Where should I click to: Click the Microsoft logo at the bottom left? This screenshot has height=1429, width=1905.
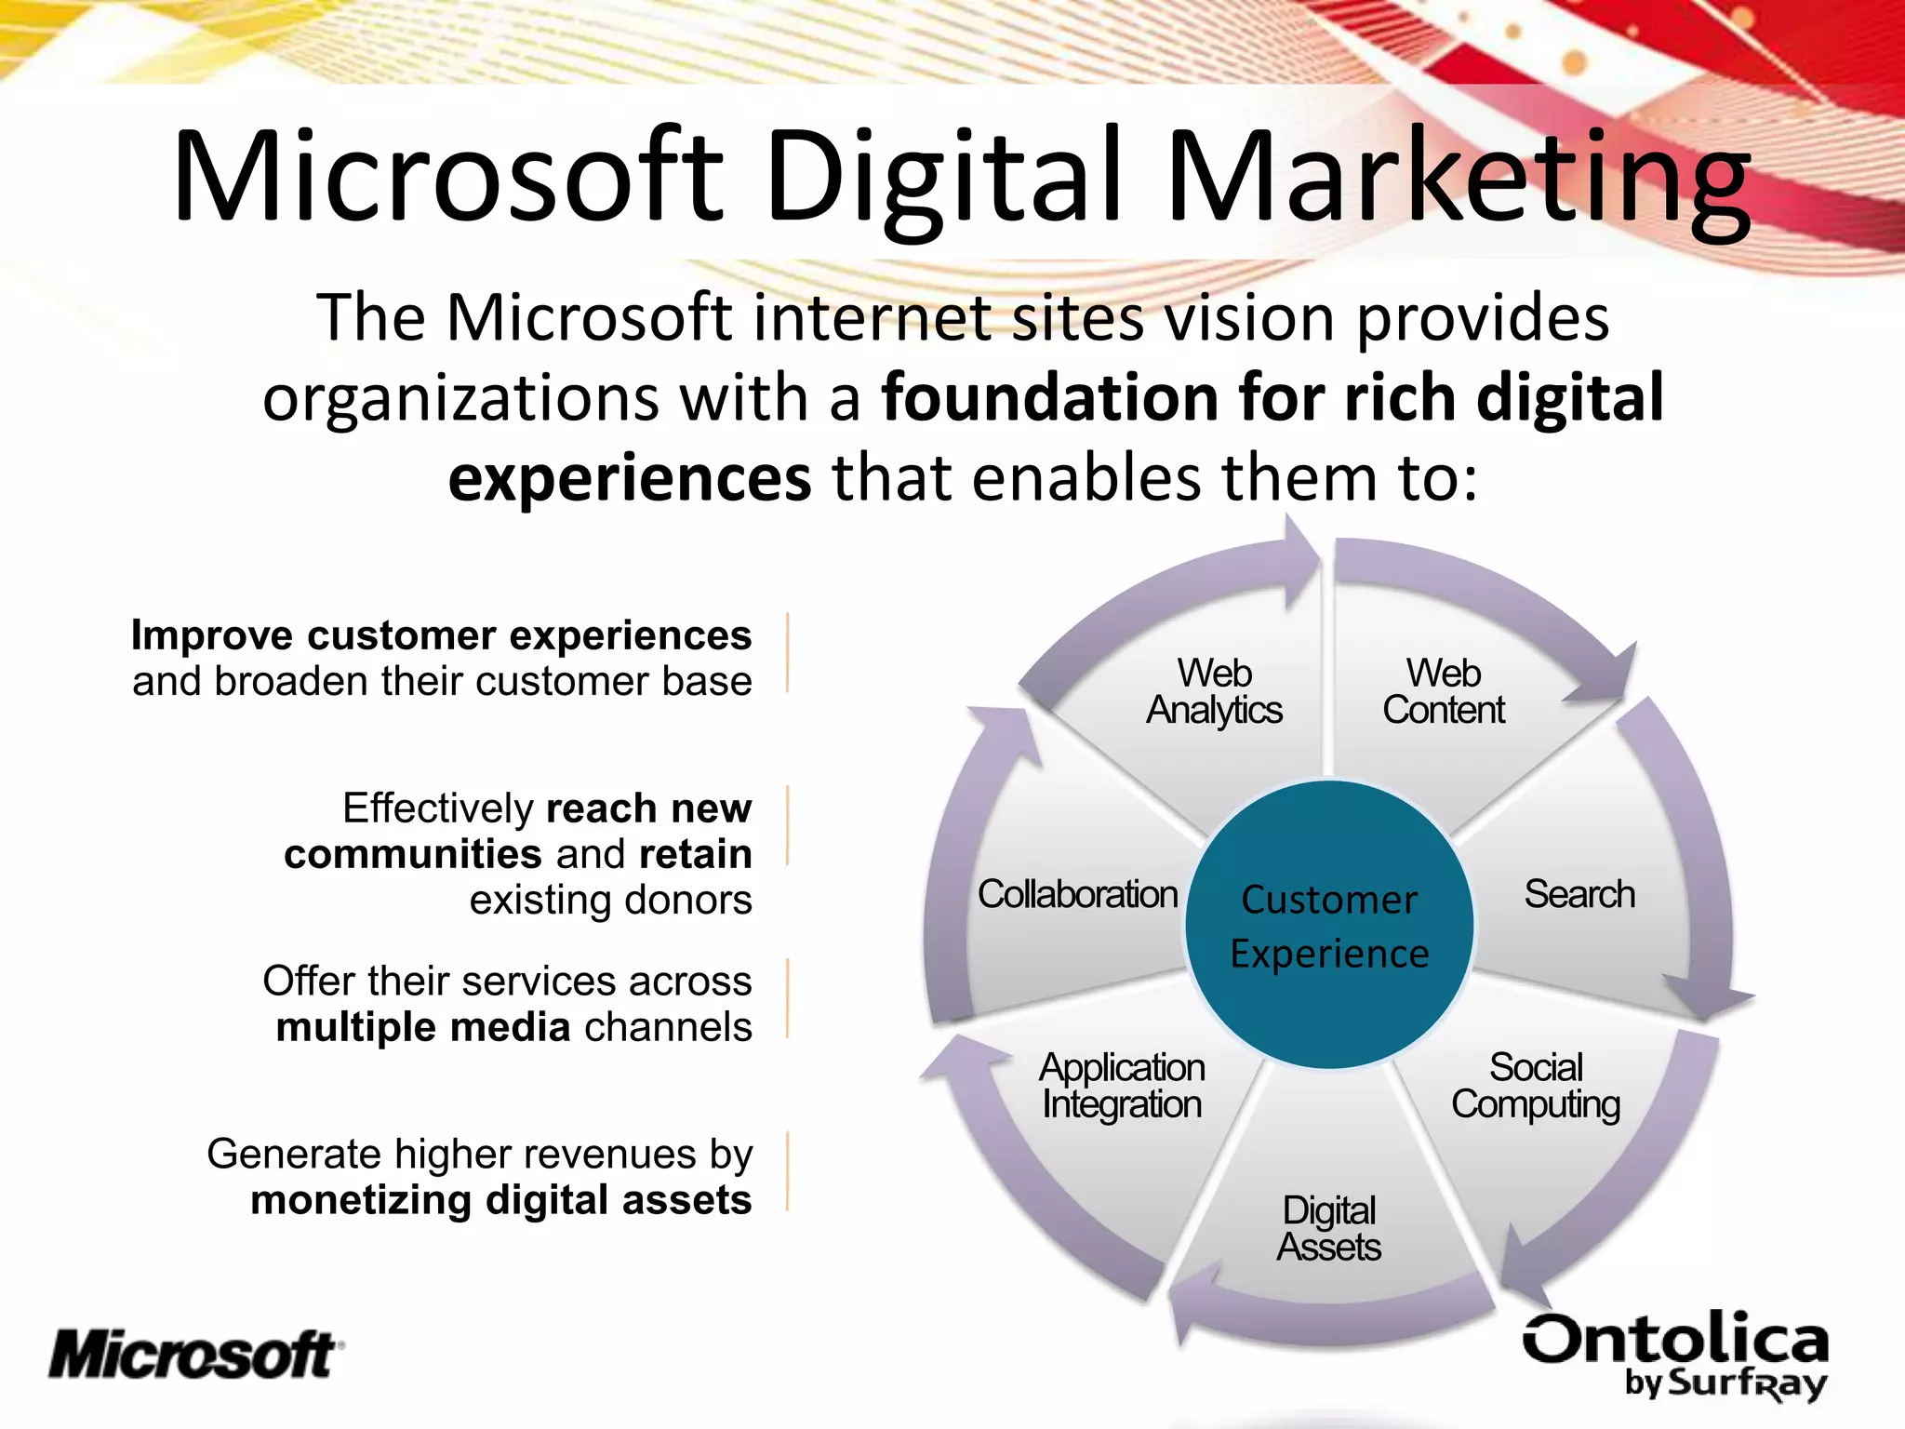click(x=195, y=1355)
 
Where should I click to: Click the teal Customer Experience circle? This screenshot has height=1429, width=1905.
click(x=1329, y=926)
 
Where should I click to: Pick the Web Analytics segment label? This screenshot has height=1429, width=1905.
click(x=1214, y=691)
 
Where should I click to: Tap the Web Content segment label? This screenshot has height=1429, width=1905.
click(x=1444, y=691)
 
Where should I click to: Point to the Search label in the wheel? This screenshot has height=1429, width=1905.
click(x=1579, y=894)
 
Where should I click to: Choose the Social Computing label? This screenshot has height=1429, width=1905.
click(x=1536, y=1086)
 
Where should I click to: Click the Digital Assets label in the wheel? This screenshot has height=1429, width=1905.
click(x=1328, y=1229)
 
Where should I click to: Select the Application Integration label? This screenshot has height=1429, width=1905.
click(x=1122, y=1086)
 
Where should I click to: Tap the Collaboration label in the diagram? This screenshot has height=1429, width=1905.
click(x=1078, y=894)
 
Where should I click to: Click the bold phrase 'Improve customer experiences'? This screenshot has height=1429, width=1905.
click(x=441, y=635)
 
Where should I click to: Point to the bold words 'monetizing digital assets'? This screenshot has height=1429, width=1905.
click(x=500, y=1200)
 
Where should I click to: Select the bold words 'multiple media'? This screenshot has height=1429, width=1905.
click(x=423, y=1027)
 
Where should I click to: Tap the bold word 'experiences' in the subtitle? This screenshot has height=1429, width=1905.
click(x=630, y=478)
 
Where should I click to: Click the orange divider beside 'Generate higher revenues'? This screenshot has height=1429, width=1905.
click(x=788, y=1170)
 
